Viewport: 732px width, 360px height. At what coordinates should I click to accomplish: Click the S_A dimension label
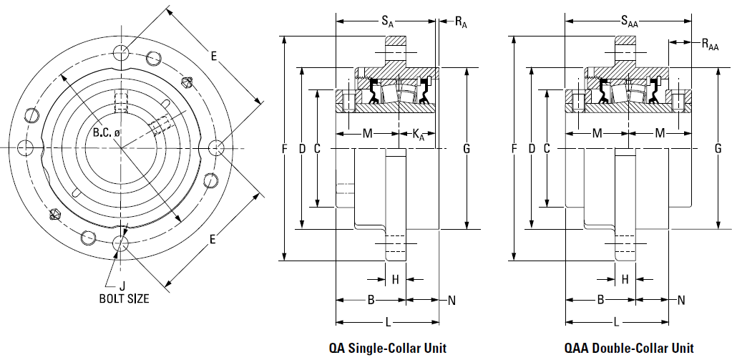[x=388, y=21]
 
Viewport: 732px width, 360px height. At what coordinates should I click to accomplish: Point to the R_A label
[x=461, y=22]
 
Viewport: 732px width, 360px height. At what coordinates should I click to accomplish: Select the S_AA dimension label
[x=629, y=21]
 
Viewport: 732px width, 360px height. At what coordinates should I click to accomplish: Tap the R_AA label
[x=710, y=44]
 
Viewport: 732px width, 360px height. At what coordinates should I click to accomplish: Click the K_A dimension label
[x=419, y=135]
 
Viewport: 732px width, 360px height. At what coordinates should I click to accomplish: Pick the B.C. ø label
[x=106, y=132]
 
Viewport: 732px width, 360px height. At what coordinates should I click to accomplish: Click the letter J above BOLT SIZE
[x=122, y=286]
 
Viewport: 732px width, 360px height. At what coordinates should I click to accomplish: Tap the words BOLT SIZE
[x=125, y=298]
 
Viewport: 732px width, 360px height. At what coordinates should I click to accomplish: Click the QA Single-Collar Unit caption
[x=388, y=348]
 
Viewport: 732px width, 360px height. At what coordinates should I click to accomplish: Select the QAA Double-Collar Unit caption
[x=629, y=348]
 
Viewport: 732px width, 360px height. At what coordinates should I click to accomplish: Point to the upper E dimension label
[x=214, y=57]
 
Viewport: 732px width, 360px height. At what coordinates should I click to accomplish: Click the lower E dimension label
[x=213, y=240]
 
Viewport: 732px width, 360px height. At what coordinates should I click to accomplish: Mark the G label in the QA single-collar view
[x=467, y=149]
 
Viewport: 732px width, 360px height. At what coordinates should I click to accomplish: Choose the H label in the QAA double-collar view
[x=625, y=280]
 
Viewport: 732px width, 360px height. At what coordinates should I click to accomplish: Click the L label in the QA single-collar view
[x=388, y=322]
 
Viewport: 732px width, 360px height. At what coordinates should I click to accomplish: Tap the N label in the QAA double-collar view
[x=681, y=300]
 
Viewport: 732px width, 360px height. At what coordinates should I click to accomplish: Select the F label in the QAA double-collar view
[x=514, y=149]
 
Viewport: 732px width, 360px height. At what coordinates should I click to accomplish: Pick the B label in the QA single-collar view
[x=371, y=300]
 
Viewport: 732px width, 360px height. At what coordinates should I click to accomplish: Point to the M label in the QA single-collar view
[x=368, y=134]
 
